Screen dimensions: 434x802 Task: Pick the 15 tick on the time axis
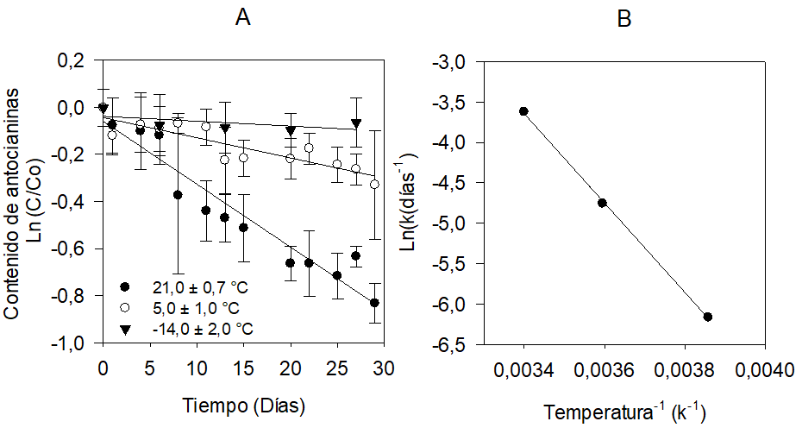point(243,367)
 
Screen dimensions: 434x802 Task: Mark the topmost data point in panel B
point(523,111)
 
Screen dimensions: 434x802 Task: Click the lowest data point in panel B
point(708,317)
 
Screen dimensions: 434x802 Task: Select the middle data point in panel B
point(603,203)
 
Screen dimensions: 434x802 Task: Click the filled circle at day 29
point(374,303)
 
